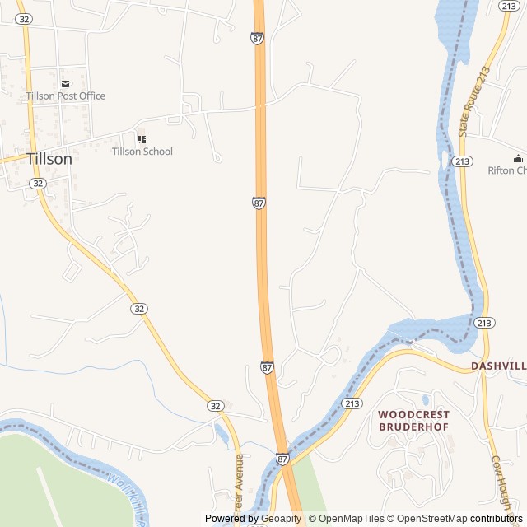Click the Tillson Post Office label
pyautogui.click(x=65, y=96)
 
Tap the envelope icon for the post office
pyautogui.click(x=65, y=84)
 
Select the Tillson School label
pyautogui.click(x=142, y=152)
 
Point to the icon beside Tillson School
pyautogui.click(x=142, y=140)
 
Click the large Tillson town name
pyautogui.click(x=49, y=159)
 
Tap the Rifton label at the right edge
pyautogui.click(x=506, y=170)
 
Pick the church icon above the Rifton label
pyautogui.click(x=518, y=158)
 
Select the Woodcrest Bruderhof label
pyautogui.click(x=413, y=420)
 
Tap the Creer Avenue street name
pyautogui.click(x=240, y=486)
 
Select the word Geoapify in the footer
pyautogui.click(x=281, y=519)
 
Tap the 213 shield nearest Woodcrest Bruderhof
pyautogui.click(x=352, y=403)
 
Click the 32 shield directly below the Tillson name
pyautogui.click(x=38, y=184)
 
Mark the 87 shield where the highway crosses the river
pyautogui.click(x=282, y=459)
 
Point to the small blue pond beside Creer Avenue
pyautogui.click(x=220, y=432)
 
